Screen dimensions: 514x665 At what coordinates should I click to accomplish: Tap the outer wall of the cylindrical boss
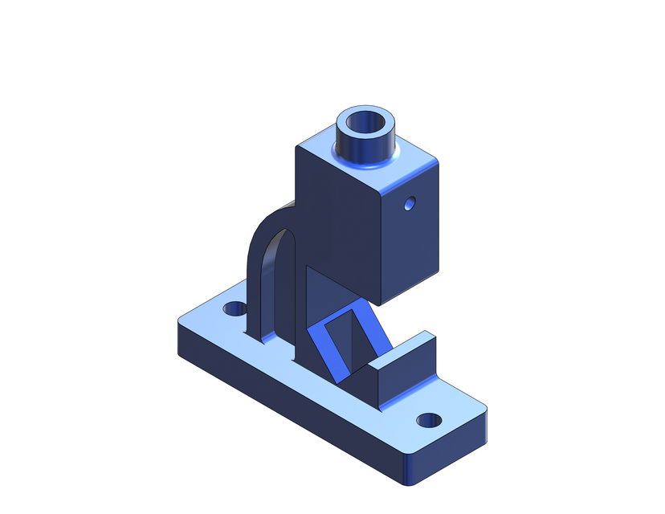[x=353, y=149]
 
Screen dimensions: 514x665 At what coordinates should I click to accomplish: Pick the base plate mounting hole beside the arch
[x=235, y=308]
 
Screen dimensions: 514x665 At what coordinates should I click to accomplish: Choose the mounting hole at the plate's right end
[x=430, y=419]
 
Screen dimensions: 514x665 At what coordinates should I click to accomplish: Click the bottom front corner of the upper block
[x=378, y=303]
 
